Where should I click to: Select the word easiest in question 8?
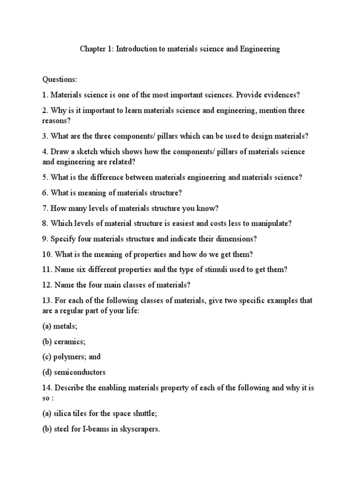[192, 223]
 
